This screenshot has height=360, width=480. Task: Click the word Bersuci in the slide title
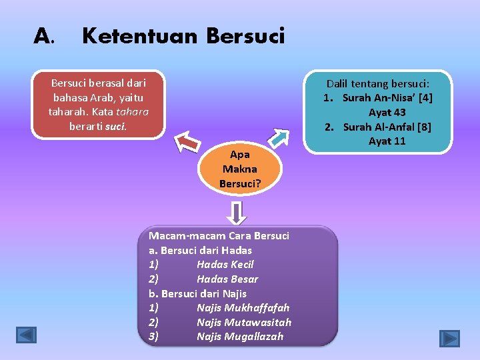point(245,35)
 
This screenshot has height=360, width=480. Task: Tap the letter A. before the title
point(43,36)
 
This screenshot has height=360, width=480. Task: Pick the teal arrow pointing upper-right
point(279,136)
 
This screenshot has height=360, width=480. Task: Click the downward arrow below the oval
point(238,213)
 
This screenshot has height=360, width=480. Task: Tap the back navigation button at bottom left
point(26,334)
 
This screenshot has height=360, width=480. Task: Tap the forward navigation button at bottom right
point(449,338)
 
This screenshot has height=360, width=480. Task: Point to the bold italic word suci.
point(116,125)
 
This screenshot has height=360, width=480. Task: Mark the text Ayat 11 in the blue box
point(387,141)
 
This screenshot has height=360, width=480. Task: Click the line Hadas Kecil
point(225,265)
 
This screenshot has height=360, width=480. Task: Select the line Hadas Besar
point(227,279)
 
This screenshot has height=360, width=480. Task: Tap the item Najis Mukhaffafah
point(243,307)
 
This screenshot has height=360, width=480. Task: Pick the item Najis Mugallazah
point(239,336)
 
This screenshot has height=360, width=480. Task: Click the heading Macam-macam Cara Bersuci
point(219,236)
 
